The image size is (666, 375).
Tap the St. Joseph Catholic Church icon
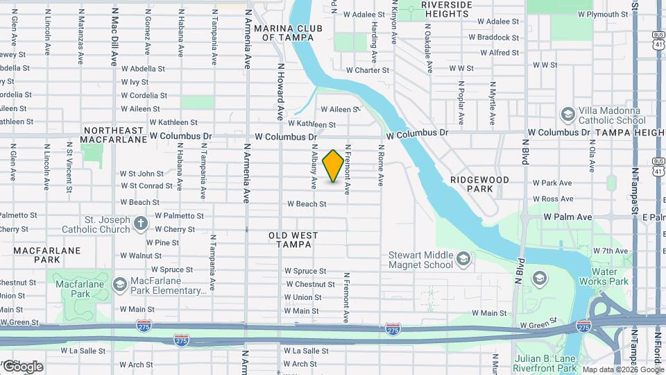(x=141, y=223)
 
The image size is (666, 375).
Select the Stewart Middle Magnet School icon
(x=464, y=260)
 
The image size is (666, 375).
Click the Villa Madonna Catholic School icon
(x=567, y=114)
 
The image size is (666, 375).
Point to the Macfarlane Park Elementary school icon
(x=119, y=285)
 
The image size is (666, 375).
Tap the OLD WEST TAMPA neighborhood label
(x=293, y=240)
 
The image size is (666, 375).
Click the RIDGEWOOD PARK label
(x=479, y=184)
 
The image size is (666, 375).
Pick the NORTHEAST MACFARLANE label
(x=112, y=135)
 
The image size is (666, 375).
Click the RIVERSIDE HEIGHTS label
(x=436, y=9)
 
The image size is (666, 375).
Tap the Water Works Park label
(x=609, y=276)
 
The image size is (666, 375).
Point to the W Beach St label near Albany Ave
(x=307, y=204)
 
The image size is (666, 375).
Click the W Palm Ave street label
(x=567, y=217)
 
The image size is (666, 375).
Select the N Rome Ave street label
(x=381, y=165)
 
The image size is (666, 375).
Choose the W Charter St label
(x=367, y=70)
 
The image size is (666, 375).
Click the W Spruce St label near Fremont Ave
(x=305, y=271)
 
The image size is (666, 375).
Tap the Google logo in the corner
(x=22, y=367)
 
